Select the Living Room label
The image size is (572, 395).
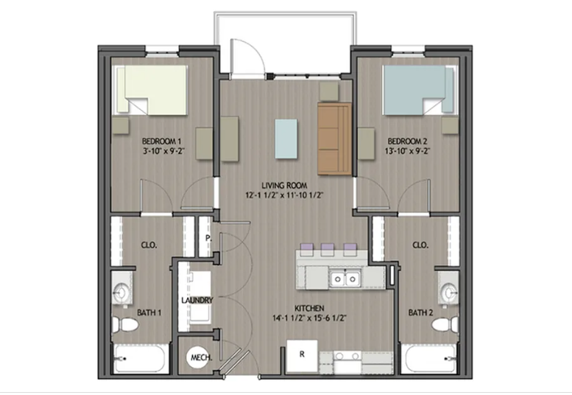click(x=283, y=185)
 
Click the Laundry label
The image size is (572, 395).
click(x=197, y=300)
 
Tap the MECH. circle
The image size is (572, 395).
click(x=198, y=358)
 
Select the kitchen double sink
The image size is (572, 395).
click(x=345, y=279)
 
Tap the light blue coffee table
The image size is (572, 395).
click(x=287, y=139)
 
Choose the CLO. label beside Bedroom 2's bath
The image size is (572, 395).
click(x=420, y=245)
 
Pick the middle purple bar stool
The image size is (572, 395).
click(x=327, y=248)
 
